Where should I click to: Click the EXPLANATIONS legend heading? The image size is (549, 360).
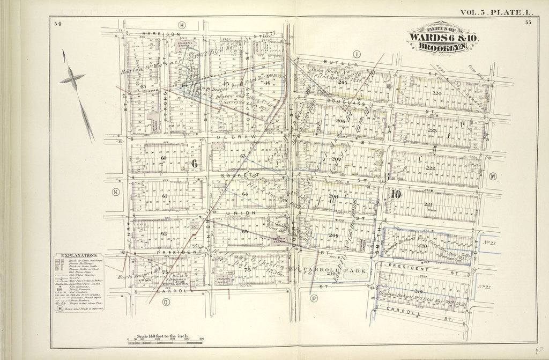(79, 256)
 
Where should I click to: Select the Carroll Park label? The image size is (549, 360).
(335, 270)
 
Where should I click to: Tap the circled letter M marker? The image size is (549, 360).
(493, 176)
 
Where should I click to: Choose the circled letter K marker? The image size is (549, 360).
(115, 192)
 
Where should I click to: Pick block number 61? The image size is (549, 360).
(165, 196)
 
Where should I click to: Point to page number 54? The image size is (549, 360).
(57, 23)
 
